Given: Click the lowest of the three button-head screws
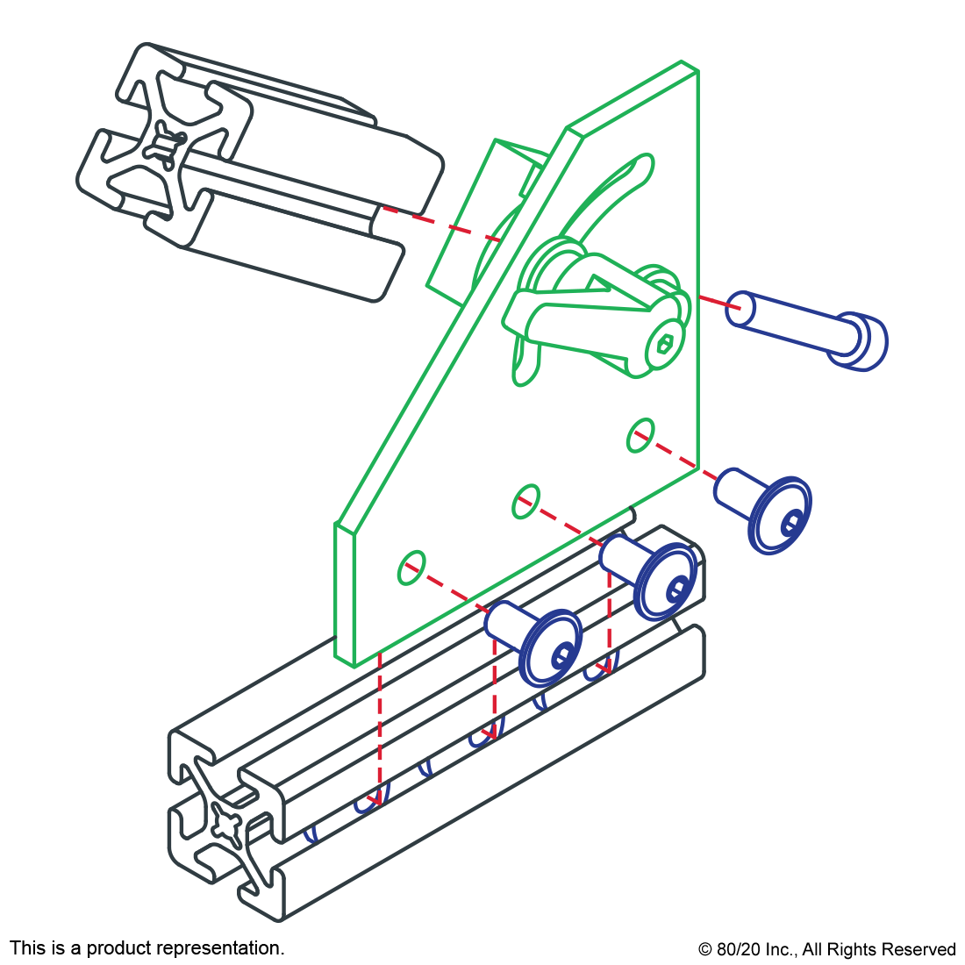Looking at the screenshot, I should click(x=544, y=645).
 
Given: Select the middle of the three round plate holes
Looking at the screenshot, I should click(x=526, y=501).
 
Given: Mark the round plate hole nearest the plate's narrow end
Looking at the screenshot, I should click(x=411, y=568).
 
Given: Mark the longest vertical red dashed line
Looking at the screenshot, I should click(x=380, y=728).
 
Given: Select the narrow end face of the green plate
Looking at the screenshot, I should click(x=343, y=592).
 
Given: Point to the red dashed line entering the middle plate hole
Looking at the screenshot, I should click(x=561, y=523).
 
